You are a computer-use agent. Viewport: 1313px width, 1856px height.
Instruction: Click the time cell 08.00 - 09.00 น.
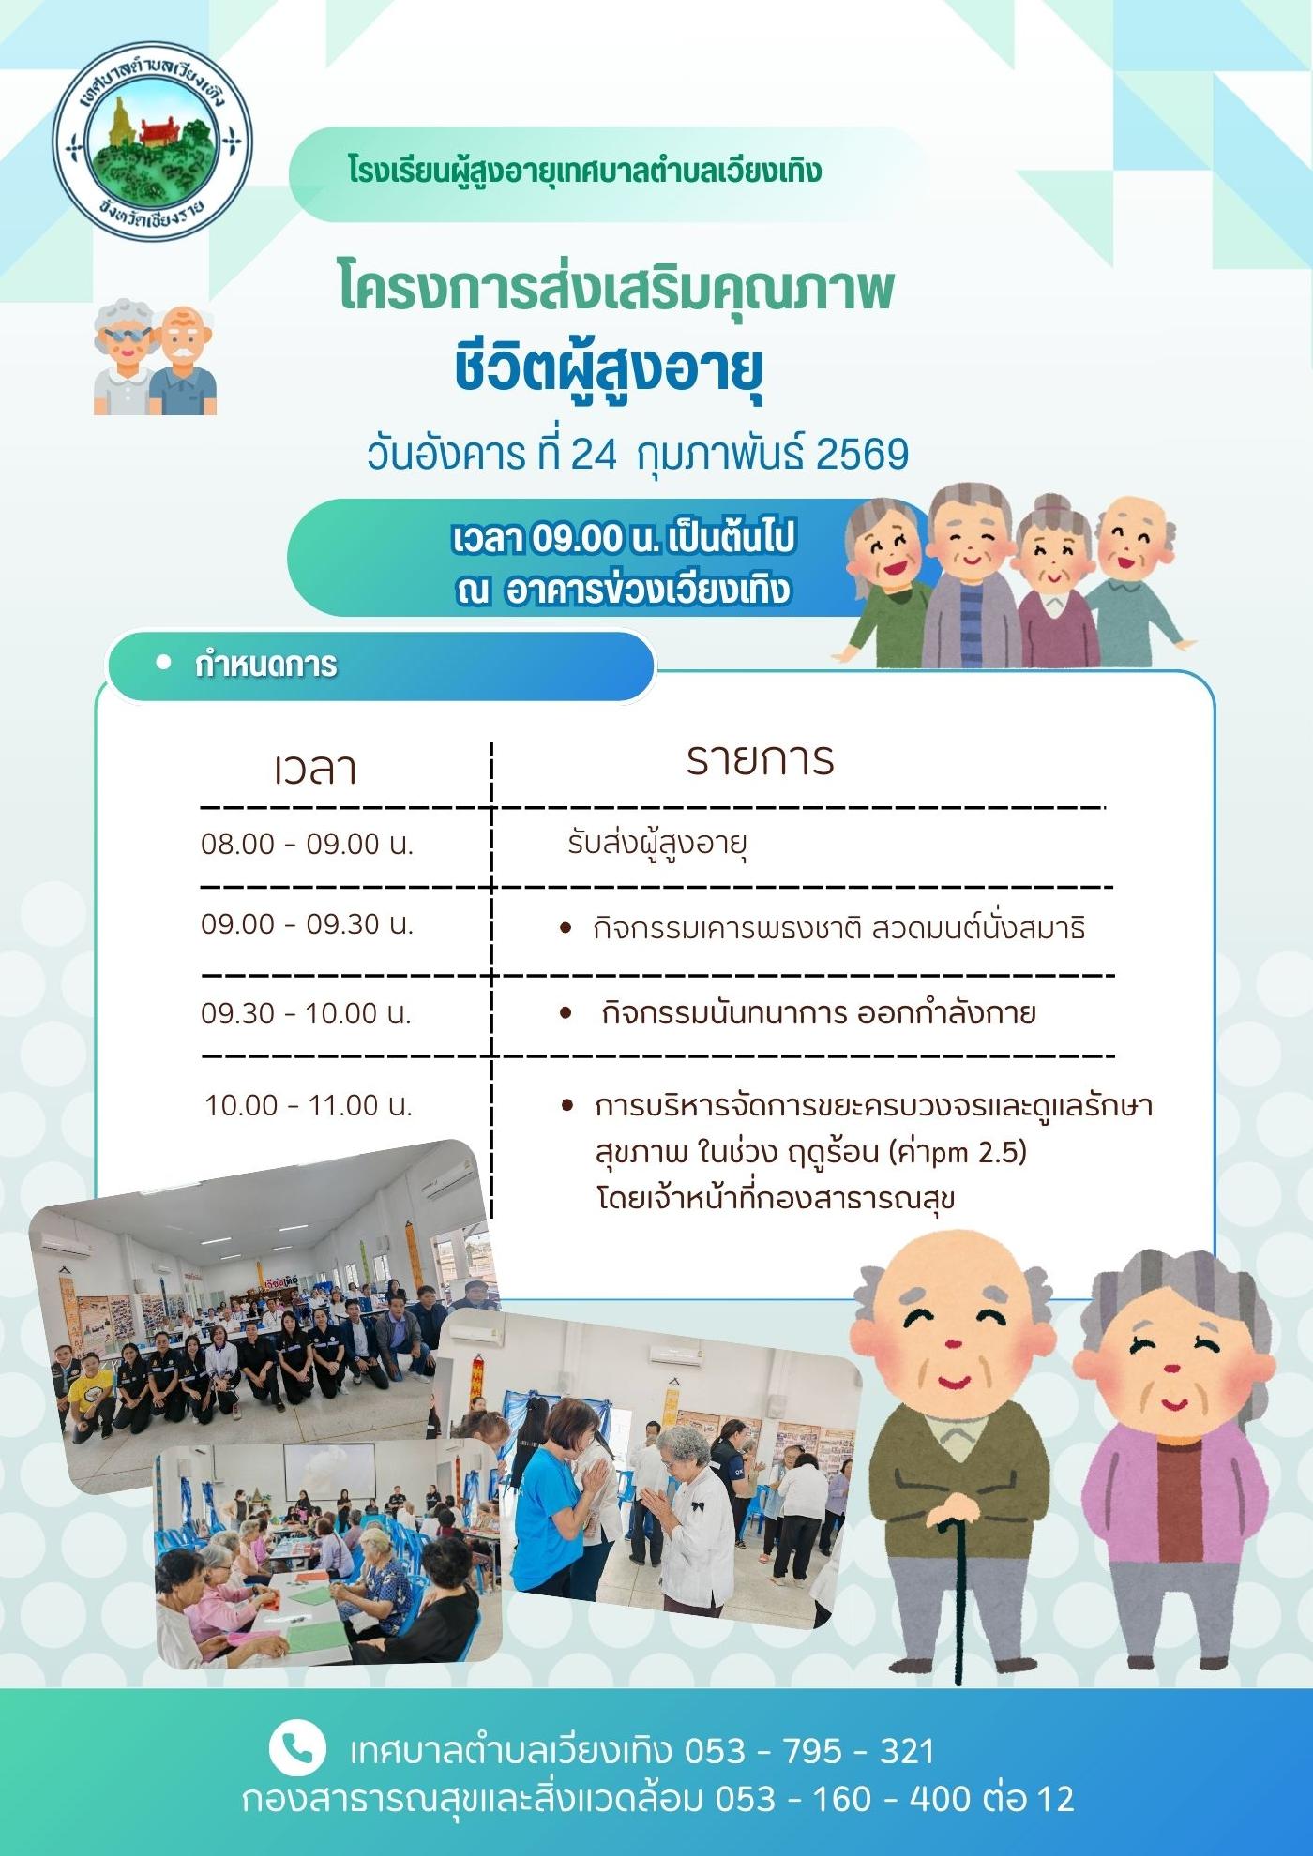[x=307, y=844]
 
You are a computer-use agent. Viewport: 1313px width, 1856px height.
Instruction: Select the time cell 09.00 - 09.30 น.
[x=307, y=924]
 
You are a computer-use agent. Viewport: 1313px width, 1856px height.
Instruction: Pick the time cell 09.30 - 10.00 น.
[x=307, y=1013]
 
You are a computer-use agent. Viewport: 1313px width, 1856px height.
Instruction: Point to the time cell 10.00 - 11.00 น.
[x=309, y=1105]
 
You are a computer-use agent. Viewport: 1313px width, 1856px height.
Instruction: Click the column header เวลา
[x=315, y=768]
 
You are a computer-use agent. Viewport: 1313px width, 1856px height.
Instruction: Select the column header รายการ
[x=760, y=759]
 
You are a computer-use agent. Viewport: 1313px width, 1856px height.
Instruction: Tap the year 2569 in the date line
[x=862, y=454]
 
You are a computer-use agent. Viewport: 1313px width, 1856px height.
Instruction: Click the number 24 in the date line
[x=594, y=455]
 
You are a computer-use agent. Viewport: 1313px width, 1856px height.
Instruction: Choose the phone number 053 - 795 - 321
[x=809, y=1750]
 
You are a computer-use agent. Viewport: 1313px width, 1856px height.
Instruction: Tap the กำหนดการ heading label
[x=265, y=665]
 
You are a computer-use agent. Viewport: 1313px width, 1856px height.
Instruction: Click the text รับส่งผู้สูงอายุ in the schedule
[x=656, y=844]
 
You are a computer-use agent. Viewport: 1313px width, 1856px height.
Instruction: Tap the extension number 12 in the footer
[x=1055, y=1799]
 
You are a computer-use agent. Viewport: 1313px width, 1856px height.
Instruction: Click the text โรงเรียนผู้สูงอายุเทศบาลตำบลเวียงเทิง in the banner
[x=584, y=172]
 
